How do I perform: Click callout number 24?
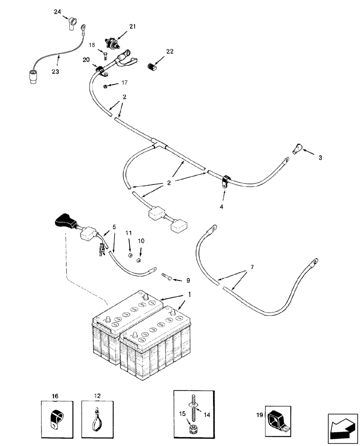point(57,13)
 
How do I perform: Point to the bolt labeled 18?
point(104,56)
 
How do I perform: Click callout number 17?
point(111,83)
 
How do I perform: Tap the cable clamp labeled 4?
point(225,181)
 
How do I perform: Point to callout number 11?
point(128,233)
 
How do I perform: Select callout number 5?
point(114,227)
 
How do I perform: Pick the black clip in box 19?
point(277,420)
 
